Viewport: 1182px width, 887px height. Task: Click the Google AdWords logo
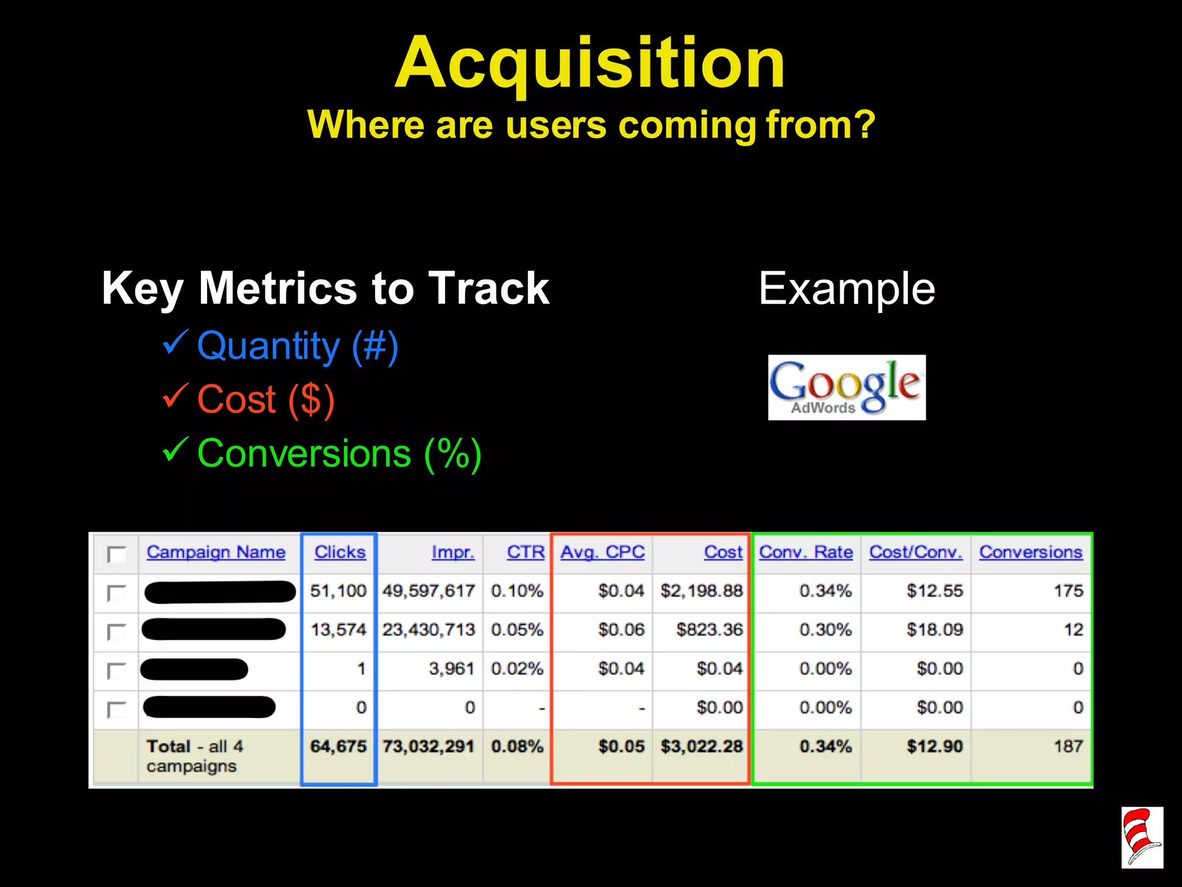[x=847, y=387]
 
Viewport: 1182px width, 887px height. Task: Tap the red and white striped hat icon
[x=1142, y=837]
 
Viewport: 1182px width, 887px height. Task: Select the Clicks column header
[x=340, y=552]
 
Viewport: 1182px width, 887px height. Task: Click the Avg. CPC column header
[x=603, y=552]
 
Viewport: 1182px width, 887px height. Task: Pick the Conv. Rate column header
[x=806, y=552]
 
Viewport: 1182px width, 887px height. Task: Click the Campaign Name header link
[x=216, y=552]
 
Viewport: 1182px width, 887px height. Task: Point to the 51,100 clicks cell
[x=338, y=591]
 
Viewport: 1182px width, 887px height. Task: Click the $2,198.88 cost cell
[x=701, y=591]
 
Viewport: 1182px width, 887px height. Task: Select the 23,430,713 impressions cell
[x=428, y=629]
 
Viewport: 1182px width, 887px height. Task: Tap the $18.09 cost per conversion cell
[x=934, y=629]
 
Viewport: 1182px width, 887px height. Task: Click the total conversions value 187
[x=1068, y=746]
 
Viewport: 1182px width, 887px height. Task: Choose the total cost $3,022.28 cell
[x=701, y=746]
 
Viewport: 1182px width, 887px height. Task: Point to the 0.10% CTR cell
[x=517, y=591]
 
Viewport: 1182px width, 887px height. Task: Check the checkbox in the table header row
[x=117, y=554]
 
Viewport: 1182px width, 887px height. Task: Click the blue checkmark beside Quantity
[x=175, y=342]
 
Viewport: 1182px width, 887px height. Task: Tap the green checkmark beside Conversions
[x=175, y=450]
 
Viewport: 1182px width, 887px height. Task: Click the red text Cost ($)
[x=266, y=399]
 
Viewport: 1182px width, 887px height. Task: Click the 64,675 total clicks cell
[x=338, y=746]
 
